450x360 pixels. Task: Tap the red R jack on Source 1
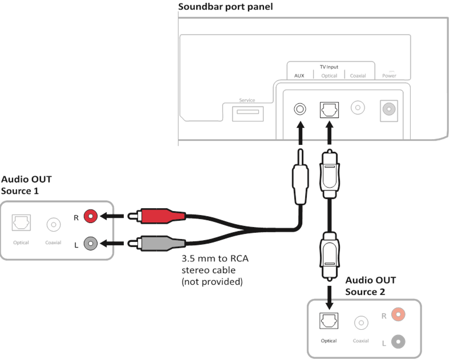coord(90,216)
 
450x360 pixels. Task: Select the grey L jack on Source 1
coord(90,244)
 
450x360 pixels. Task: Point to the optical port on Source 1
coord(22,224)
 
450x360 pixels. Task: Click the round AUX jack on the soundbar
coord(298,108)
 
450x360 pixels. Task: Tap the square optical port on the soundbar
coord(329,108)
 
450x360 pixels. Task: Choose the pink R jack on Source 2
coord(398,315)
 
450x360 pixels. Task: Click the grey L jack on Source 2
coord(398,341)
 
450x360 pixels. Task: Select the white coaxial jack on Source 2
coord(360,323)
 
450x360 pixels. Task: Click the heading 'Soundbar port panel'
coord(218,7)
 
